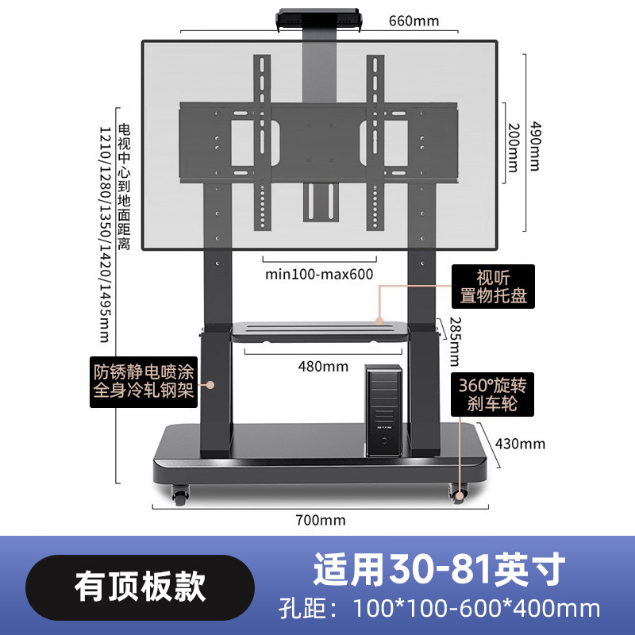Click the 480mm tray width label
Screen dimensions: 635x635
pos(323,366)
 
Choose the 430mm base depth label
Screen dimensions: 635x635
pos(519,443)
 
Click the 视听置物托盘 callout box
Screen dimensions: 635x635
pos(490,287)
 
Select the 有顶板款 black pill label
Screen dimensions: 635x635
pos(140,588)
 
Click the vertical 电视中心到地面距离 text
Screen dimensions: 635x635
pos(123,187)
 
